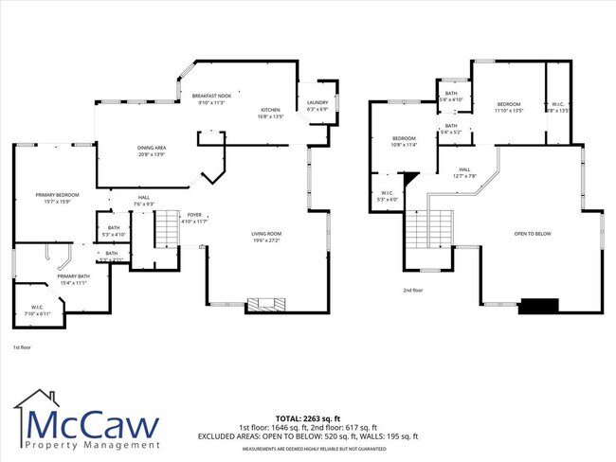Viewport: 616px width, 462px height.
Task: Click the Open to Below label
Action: pyautogui.click(x=532, y=234)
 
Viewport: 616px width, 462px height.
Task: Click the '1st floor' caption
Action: pyautogui.click(x=24, y=348)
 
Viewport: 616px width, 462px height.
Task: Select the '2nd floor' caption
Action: pyautogui.click(x=413, y=291)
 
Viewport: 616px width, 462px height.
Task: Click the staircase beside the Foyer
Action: pyautogui.click(x=166, y=227)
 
